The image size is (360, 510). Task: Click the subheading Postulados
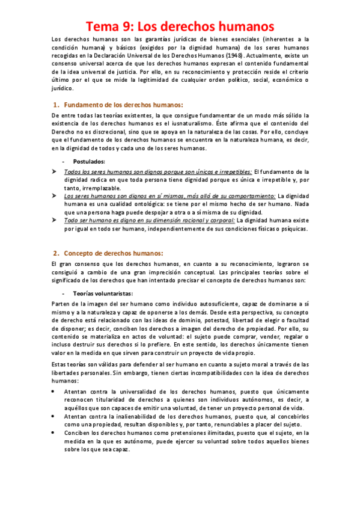88,162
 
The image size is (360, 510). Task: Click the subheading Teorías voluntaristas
103,293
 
